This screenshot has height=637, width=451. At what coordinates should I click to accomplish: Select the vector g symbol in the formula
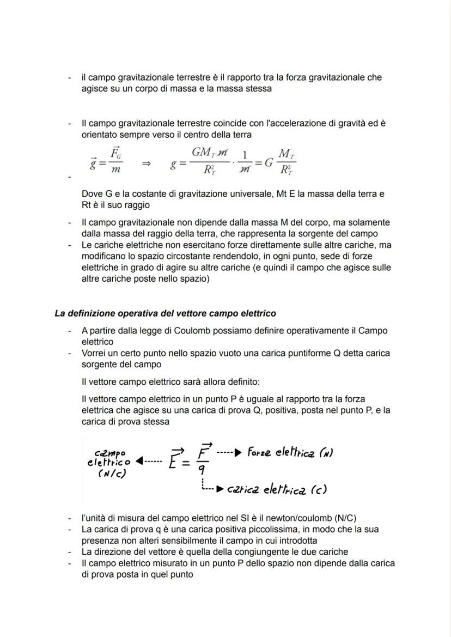[94, 163]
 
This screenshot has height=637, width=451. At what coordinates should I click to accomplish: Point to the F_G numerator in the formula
[115, 153]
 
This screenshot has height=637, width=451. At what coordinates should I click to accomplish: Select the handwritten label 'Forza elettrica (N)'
[290, 452]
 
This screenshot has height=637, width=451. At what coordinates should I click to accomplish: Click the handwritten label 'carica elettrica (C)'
[277, 489]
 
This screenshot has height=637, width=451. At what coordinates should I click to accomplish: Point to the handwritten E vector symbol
[176, 459]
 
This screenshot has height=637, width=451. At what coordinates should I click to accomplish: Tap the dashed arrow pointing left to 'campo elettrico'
[148, 461]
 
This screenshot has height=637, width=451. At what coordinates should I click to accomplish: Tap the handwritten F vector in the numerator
[204, 451]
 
